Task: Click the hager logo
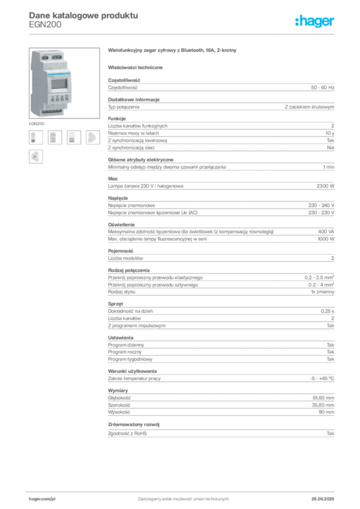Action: tap(314, 21)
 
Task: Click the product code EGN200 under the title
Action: tap(45, 25)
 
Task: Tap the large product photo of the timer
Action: tap(64, 83)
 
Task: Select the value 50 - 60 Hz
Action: tap(322, 87)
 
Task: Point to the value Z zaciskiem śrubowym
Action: tap(309, 107)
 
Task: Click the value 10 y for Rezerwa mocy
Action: tap(330, 133)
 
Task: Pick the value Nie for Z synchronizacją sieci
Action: tap(331, 148)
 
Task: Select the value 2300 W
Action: tap(325, 186)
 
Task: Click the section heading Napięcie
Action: tap(118, 198)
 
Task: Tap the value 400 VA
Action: tap(326, 232)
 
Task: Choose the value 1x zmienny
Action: tap(322, 292)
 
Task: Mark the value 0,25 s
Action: tap(327, 311)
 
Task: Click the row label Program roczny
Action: tap(125, 352)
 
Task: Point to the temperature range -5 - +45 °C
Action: tap(322, 378)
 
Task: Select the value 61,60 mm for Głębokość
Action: tap(323, 398)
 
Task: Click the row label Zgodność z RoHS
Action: tap(127, 433)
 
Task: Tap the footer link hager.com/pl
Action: tap(42, 499)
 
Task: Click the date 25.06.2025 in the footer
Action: tap(323, 499)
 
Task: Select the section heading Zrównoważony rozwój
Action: tap(134, 424)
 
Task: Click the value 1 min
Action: tap(329, 167)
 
